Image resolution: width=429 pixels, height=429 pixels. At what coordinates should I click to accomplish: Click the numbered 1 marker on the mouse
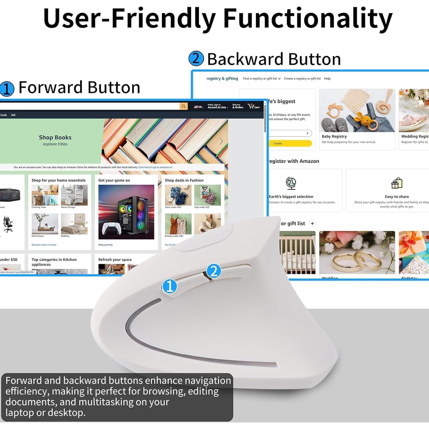point(170,286)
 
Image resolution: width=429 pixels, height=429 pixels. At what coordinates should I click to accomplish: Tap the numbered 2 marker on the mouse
point(214,271)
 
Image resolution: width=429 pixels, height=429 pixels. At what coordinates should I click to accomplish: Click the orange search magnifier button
point(184,106)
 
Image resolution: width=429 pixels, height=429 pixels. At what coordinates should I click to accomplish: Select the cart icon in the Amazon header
point(253,106)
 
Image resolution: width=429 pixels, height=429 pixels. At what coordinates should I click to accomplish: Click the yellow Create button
point(289,143)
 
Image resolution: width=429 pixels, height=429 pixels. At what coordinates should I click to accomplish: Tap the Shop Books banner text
point(55,138)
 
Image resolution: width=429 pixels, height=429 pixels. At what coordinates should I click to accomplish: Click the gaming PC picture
point(126,212)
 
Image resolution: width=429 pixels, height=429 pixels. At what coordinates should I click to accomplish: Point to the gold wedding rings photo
point(357,252)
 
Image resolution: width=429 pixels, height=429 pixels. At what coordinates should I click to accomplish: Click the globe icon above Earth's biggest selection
point(291,183)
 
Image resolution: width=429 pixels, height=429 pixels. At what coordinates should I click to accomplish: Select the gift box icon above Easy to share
point(397,183)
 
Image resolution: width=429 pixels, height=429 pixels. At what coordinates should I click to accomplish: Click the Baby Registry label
point(334,136)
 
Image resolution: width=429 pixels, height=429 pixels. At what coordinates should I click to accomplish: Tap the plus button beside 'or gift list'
point(312,224)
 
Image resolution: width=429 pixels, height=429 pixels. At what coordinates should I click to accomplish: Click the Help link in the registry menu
point(327,79)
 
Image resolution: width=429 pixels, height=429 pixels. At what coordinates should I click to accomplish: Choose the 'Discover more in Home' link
point(44,245)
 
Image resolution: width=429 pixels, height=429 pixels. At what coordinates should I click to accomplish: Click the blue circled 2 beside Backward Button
point(196,59)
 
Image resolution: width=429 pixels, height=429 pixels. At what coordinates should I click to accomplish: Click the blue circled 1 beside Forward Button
point(7,88)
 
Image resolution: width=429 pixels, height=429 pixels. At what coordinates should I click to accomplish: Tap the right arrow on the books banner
point(221,141)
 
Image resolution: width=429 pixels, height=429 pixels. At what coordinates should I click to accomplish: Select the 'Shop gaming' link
point(105,245)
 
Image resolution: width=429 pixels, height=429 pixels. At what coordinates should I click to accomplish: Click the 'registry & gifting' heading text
point(222,79)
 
